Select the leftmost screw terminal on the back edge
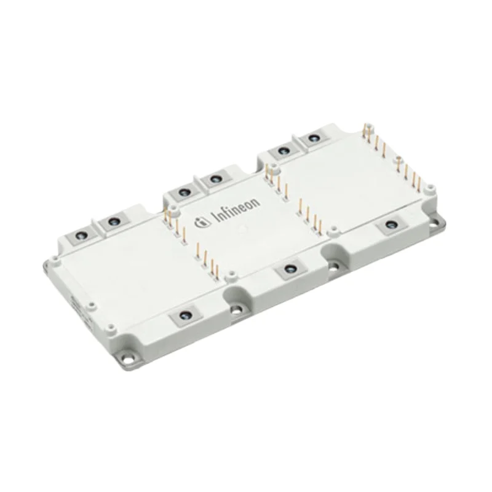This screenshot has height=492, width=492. (x=80, y=235)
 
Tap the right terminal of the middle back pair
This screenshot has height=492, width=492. (x=215, y=180)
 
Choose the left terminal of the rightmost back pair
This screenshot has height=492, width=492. (x=284, y=151)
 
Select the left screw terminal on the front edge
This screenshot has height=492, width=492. (x=183, y=317)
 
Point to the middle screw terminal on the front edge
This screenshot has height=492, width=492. (x=288, y=271)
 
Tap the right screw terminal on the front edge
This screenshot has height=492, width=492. (x=389, y=226)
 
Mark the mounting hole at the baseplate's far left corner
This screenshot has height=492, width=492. (x=48, y=265)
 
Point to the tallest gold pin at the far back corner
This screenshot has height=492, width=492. (x=368, y=129)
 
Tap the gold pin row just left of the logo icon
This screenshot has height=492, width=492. (x=173, y=225)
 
